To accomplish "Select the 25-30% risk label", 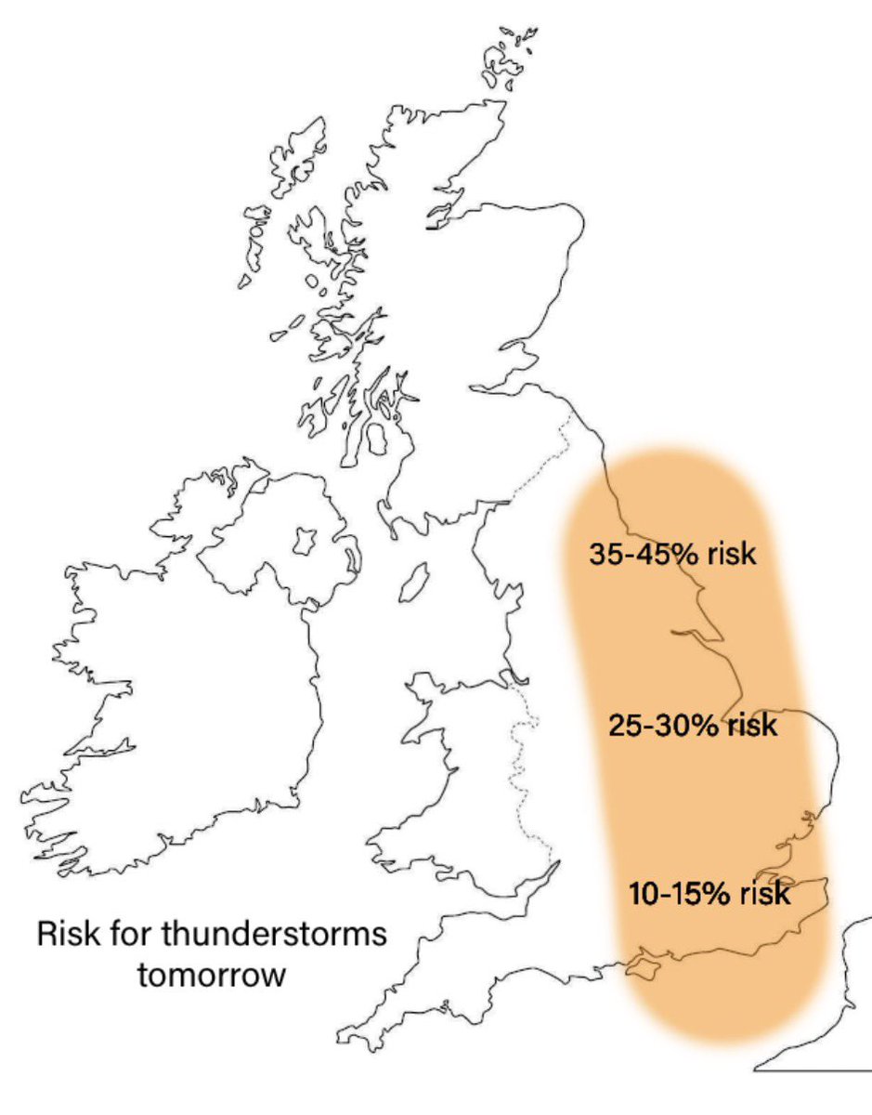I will [x=693, y=724].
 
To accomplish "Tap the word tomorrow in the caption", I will [x=212, y=977].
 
